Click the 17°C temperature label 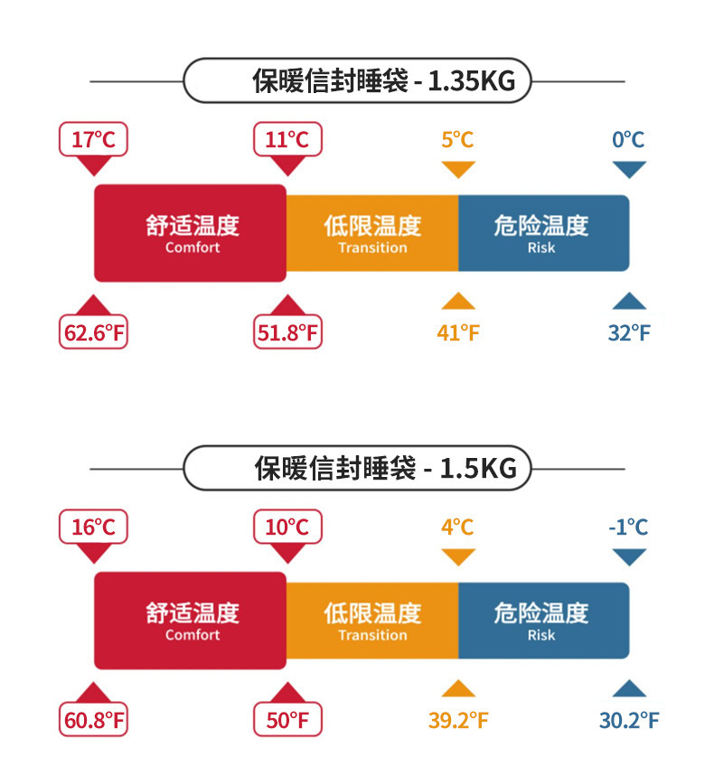pyautogui.click(x=94, y=140)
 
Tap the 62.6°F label pyautogui.click(x=94, y=333)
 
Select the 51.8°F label pyautogui.click(x=288, y=333)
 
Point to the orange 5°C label pyautogui.click(x=457, y=140)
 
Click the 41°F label pyautogui.click(x=458, y=333)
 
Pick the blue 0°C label pyautogui.click(x=628, y=140)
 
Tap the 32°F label pyautogui.click(x=629, y=333)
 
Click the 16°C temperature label pyautogui.click(x=94, y=528)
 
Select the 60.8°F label pyautogui.click(x=94, y=721)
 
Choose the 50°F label pyautogui.click(x=288, y=721)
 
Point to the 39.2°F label pyautogui.click(x=458, y=721)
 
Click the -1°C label pyautogui.click(x=628, y=528)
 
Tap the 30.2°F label pyautogui.click(x=629, y=721)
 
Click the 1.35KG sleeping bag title pyautogui.click(x=383, y=82)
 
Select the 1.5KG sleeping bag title pyautogui.click(x=385, y=470)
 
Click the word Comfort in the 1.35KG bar pyautogui.click(x=193, y=247)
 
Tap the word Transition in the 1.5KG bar pyautogui.click(x=372, y=635)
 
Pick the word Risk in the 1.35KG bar pyautogui.click(x=541, y=247)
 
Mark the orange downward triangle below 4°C pyautogui.click(x=458, y=556)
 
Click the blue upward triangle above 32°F pyautogui.click(x=629, y=302)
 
